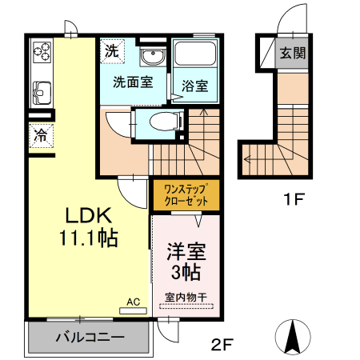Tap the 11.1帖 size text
[89, 238]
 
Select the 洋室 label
[186, 250]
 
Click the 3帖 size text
[186, 272]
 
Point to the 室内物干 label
[186, 298]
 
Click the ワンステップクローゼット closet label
[186, 194]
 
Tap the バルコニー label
[90, 337]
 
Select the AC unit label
[133, 302]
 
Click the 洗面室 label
[132, 81]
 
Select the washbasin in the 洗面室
[150, 56]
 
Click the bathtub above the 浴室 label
[195, 55]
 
